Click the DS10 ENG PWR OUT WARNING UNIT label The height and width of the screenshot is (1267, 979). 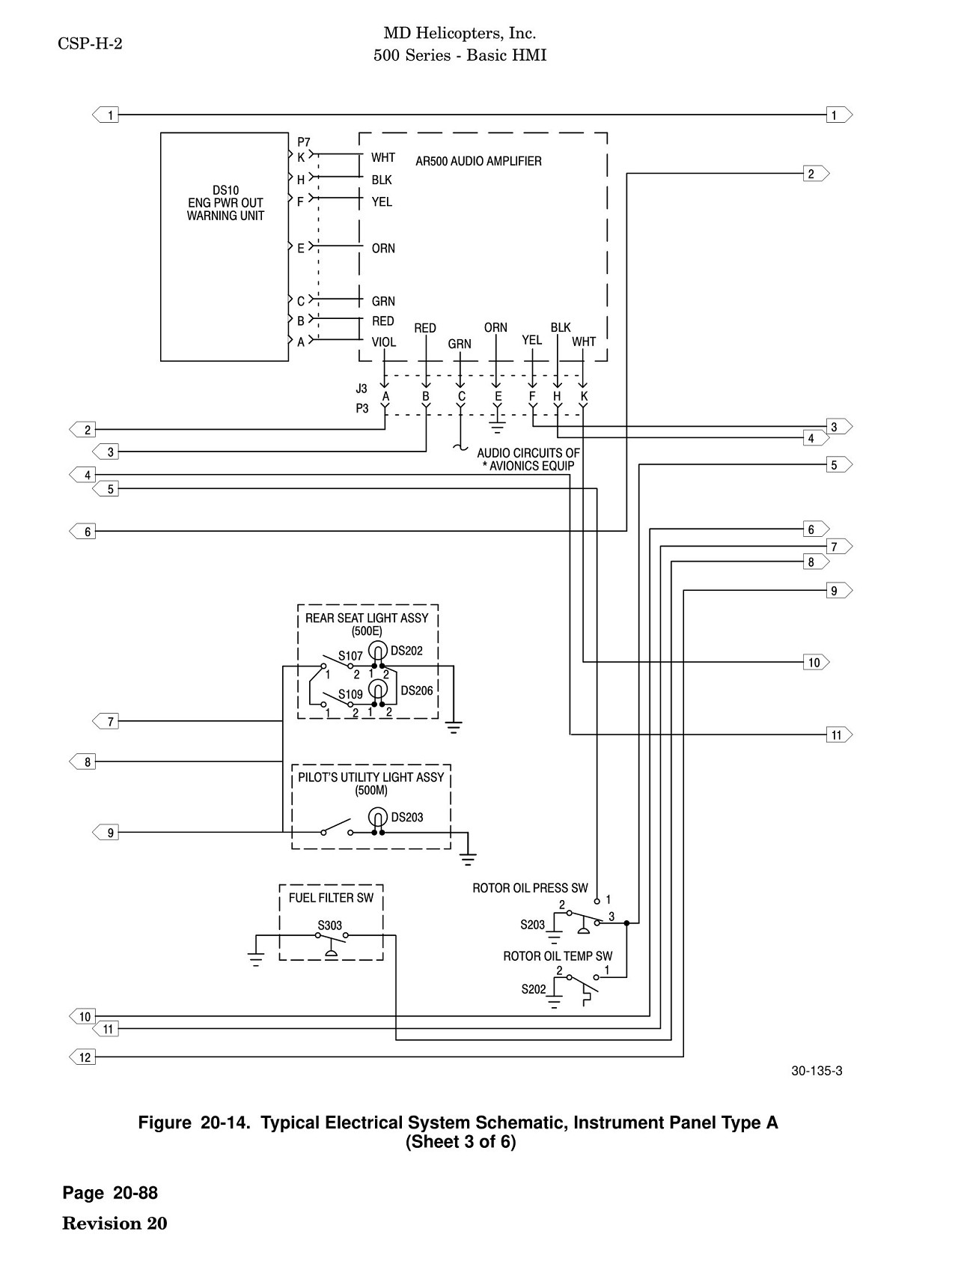click(225, 203)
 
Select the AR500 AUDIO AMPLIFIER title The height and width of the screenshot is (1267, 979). click(478, 161)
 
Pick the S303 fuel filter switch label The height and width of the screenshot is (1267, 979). click(330, 926)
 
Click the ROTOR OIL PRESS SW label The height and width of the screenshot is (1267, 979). click(530, 888)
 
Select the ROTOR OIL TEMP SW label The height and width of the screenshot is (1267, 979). click(558, 956)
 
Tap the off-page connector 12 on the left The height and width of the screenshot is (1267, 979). click(83, 1057)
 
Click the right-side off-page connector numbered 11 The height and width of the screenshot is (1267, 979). click(839, 735)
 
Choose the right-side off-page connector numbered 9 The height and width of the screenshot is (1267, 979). click(839, 591)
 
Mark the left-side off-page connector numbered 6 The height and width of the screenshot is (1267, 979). click(83, 532)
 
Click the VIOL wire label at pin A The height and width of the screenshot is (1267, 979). click(384, 342)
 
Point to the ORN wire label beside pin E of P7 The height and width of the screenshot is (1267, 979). click(383, 249)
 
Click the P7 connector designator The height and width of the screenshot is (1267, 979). click(303, 142)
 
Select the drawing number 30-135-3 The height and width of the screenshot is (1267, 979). click(817, 1071)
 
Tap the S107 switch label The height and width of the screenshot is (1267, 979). click(350, 657)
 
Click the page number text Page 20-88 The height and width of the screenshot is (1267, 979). click(110, 1193)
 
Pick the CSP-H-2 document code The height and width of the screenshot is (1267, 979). click(90, 43)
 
